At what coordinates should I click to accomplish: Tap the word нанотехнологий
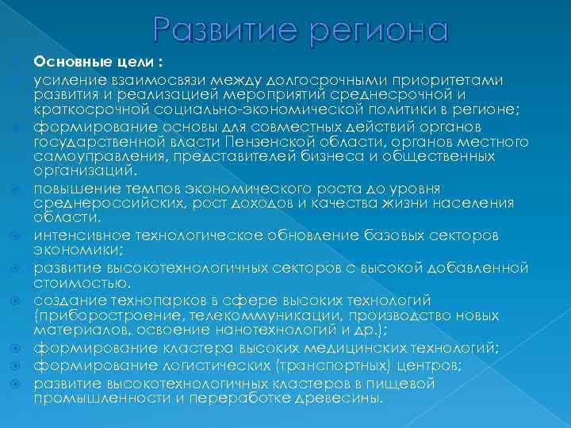(284, 329)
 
